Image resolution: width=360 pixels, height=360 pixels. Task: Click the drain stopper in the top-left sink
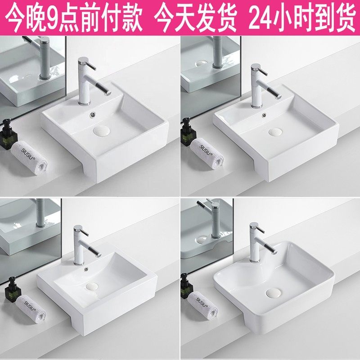[102, 130]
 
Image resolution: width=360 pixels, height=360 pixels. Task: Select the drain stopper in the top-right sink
[275, 132]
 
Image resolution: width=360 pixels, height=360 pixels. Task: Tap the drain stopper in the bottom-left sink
[92, 286]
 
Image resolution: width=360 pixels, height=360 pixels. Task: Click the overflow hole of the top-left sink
[93, 114]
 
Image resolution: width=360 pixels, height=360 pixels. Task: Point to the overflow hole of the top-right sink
[264, 115]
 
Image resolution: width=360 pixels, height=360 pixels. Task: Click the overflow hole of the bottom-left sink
[86, 269]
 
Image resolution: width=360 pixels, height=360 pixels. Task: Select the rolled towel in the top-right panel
[207, 154]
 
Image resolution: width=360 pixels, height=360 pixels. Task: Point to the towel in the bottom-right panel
[203, 306]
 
